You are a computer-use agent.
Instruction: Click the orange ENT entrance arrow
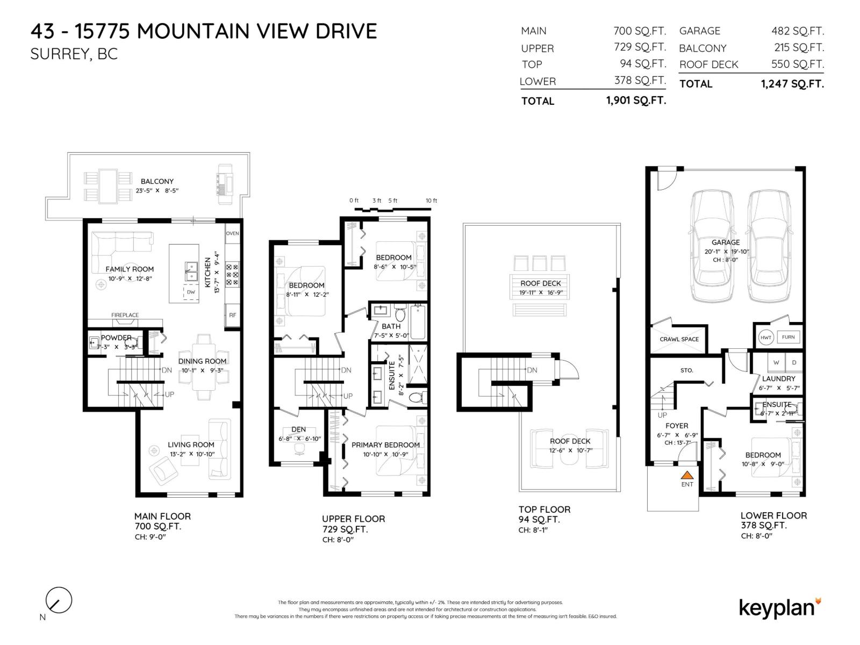click(x=687, y=475)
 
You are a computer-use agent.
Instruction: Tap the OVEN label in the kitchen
click(x=232, y=233)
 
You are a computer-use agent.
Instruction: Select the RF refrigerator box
click(x=232, y=315)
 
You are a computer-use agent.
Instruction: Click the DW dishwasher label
click(x=191, y=292)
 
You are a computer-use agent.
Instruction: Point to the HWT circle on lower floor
click(x=765, y=337)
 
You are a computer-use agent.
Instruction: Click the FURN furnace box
click(x=788, y=337)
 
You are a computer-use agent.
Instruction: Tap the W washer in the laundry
click(x=776, y=362)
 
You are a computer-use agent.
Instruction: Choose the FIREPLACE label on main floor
click(x=125, y=315)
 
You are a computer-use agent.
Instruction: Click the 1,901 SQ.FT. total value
click(x=636, y=101)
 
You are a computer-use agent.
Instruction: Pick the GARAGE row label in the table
click(x=699, y=31)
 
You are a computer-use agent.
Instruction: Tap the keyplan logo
click(x=779, y=607)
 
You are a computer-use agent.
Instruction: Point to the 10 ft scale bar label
click(x=431, y=200)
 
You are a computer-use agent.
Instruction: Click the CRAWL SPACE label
click(x=679, y=339)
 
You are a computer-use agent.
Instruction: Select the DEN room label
click(x=298, y=429)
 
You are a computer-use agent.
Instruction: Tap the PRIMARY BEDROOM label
click(x=385, y=445)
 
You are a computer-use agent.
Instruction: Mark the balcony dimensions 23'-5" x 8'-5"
click(x=156, y=191)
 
